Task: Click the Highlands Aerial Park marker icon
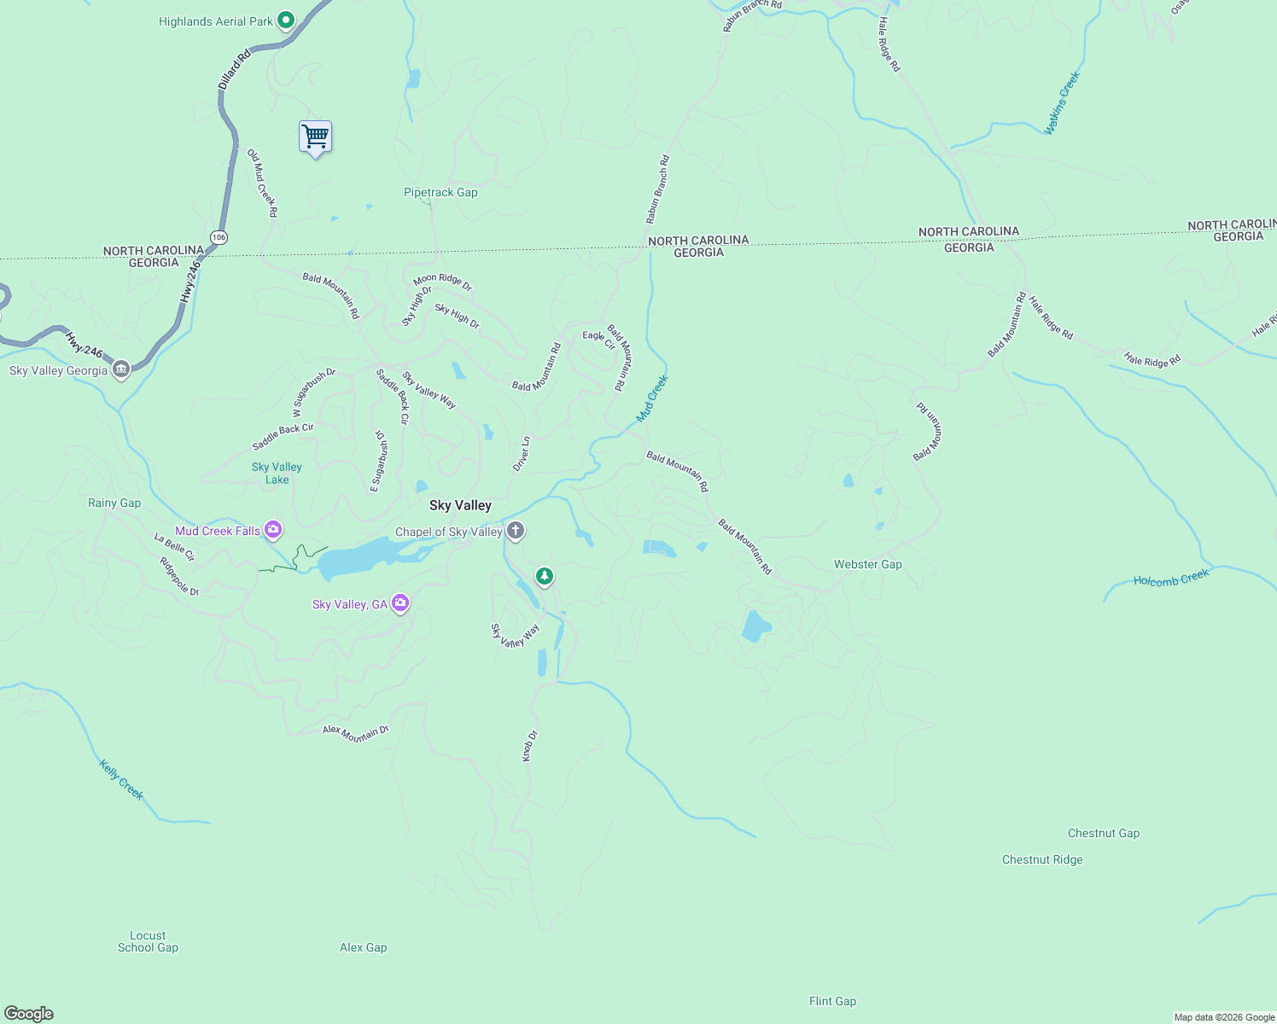[x=286, y=20]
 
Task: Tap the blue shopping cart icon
[x=315, y=137]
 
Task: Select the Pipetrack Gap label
[x=440, y=193]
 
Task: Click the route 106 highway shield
[x=219, y=237]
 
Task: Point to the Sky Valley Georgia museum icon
[x=121, y=370]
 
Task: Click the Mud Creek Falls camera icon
[x=273, y=531]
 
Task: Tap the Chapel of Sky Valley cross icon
[x=516, y=532]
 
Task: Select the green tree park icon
[x=545, y=576]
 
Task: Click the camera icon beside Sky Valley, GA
[x=400, y=604]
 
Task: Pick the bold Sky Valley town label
[x=460, y=505]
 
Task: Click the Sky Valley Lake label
[x=277, y=474]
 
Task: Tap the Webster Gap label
[x=867, y=564]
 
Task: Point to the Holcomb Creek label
[x=1171, y=579]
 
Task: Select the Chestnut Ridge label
[x=1042, y=859]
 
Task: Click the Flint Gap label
[x=832, y=1001]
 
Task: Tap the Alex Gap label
[x=364, y=947]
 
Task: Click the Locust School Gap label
[x=148, y=941]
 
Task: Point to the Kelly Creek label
[x=121, y=780]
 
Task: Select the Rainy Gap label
[x=114, y=503]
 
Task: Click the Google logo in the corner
[x=29, y=1014]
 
